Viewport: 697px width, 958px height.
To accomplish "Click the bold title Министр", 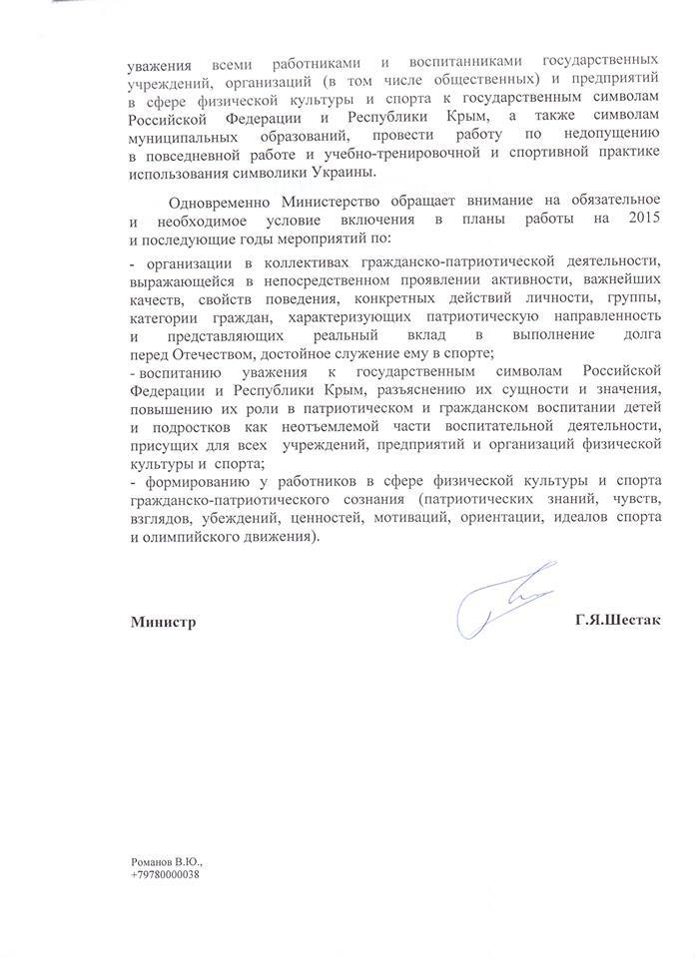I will point(163,621).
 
